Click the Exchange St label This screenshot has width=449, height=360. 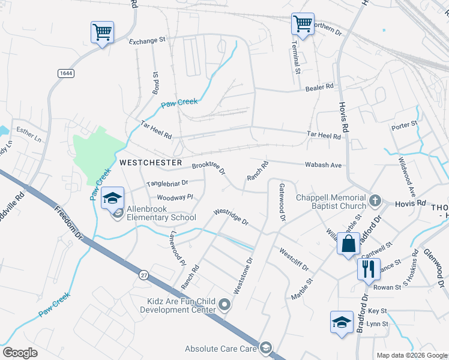point(147,41)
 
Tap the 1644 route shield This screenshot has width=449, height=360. point(66,73)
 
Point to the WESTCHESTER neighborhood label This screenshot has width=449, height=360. point(150,163)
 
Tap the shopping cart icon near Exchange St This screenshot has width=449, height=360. point(102,32)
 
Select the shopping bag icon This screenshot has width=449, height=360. point(349,244)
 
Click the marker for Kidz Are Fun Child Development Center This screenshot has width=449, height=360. point(225,305)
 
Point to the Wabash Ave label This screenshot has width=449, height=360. point(323,165)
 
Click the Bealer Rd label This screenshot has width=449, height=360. point(319,88)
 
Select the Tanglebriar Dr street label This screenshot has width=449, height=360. point(167,182)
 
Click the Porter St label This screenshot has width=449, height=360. point(404,125)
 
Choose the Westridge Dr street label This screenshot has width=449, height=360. point(231,217)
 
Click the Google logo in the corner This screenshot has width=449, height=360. point(20,353)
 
